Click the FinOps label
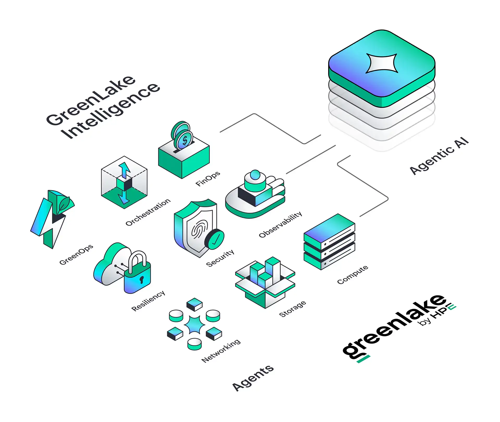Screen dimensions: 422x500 tap(208, 179)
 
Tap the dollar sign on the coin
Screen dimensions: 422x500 tap(185, 141)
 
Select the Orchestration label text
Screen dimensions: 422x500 tap(148, 212)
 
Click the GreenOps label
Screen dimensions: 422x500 tap(76, 255)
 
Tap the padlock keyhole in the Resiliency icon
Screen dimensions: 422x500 tap(141, 280)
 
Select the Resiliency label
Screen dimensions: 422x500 tap(148, 301)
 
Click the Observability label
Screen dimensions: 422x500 tap(280, 224)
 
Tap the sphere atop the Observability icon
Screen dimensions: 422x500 tap(255, 175)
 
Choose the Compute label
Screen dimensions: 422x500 tap(353, 275)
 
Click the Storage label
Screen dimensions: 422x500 tap(292, 309)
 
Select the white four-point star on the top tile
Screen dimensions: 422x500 tap(382, 63)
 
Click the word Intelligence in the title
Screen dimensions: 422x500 tap(110, 111)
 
